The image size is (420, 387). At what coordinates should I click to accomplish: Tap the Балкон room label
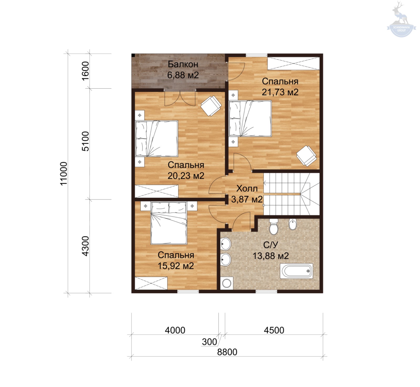pos(183,64)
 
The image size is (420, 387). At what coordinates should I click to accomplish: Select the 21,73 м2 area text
pos(280,92)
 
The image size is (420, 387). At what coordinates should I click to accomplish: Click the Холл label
pos(247,188)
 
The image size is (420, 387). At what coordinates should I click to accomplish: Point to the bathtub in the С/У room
pos(297,271)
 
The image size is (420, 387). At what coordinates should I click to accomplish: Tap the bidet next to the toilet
pos(292,224)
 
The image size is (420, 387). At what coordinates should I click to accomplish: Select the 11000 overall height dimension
pos(64,173)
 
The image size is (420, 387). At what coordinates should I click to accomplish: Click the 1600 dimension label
pos(86,71)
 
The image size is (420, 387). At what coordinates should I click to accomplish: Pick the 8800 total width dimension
pos(227,352)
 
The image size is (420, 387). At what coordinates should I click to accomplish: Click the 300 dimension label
pos(209,342)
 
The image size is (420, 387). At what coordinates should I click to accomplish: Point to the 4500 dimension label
pos(274,330)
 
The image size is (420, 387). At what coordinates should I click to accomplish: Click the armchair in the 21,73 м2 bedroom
pos(306,156)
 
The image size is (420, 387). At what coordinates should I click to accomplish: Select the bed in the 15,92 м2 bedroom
pos(169,223)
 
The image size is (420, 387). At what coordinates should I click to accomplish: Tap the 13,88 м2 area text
pos(271,256)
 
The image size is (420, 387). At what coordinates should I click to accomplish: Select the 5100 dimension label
pos(86,141)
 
